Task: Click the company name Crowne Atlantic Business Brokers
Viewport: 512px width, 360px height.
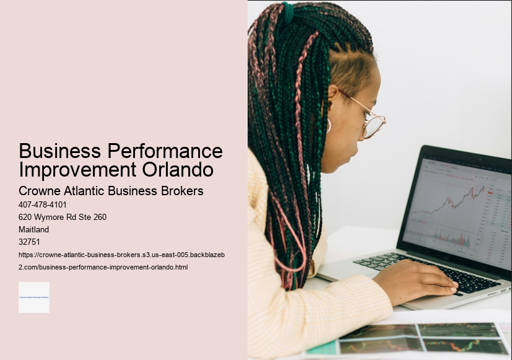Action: pos(111,191)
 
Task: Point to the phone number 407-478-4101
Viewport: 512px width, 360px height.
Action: pos(43,204)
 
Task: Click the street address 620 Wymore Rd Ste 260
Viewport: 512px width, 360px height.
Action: pos(63,217)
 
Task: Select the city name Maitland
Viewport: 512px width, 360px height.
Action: pos(34,229)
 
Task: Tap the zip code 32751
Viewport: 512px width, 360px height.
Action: pos(29,242)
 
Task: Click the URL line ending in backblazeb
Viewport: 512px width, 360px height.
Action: pos(126,255)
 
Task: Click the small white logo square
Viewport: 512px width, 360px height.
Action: pos(34,297)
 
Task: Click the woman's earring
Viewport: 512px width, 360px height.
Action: pos(329,126)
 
